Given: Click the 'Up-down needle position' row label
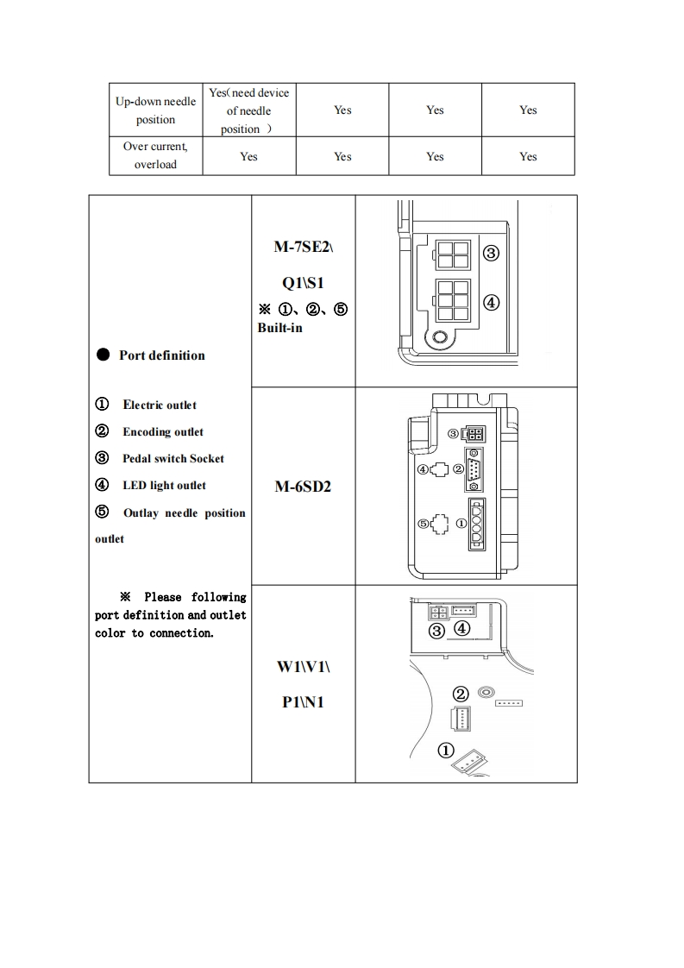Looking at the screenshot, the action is (155, 110).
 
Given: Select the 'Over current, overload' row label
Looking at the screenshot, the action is (155, 155).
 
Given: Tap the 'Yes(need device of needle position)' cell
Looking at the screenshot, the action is (248, 110).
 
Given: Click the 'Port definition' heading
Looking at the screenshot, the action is (162, 355).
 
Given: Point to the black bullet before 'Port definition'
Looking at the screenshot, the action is (103, 355).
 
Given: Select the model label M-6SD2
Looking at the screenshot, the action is (303, 487).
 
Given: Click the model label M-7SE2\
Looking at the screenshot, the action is (303, 248).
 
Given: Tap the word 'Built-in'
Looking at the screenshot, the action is (279, 328).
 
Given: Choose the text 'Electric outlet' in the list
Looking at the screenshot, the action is (160, 405).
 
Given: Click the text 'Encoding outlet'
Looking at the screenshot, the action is (163, 431).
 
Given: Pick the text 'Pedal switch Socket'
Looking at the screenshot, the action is (173, 458).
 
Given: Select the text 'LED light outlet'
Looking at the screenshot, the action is (164, 485).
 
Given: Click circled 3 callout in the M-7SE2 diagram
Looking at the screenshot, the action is (491, 254).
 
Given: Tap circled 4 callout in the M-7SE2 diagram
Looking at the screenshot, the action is (491, 303).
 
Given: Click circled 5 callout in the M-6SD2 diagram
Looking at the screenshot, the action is (423, 524).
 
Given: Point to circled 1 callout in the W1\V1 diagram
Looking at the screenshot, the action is (446, 750).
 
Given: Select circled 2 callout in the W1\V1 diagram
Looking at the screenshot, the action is (461, 695).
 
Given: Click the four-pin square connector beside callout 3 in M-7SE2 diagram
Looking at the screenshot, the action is (452, 255).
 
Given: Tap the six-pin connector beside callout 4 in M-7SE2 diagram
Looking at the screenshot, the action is (453, 300).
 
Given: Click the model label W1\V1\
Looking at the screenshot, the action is (303, 667).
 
